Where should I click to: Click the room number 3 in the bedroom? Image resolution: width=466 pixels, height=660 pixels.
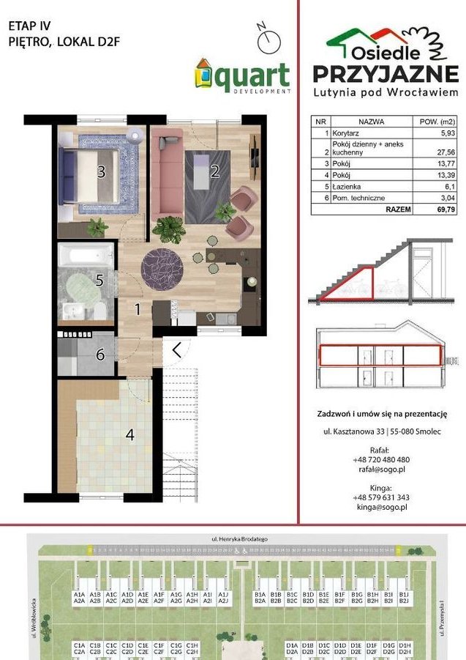click(x=102, y=173)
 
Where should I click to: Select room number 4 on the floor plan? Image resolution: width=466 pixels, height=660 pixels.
click(x=129, y=434)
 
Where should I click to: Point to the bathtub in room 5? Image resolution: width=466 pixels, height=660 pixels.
click(x=86, y=257)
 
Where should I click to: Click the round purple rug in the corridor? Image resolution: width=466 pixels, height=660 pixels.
click(x=160, y=262)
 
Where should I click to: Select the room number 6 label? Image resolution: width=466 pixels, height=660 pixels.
click(x=100, y=355)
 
